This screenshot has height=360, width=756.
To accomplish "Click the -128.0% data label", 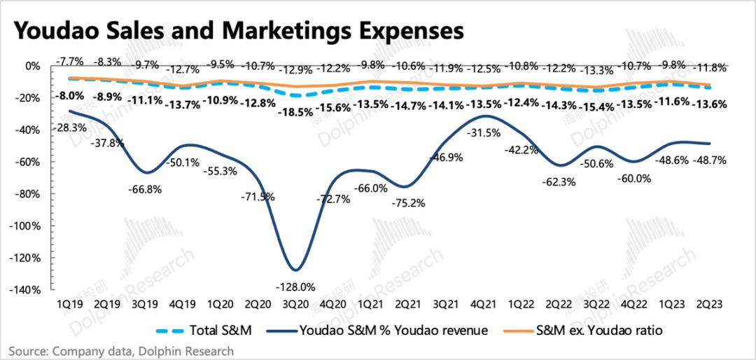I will [295, 286].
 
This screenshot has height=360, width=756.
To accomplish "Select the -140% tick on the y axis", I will [26, 290].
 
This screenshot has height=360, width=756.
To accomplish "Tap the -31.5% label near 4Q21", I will [488, 134].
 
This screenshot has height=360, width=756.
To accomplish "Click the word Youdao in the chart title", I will [53, 31].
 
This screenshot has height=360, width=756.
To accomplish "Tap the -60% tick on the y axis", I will [29, 162].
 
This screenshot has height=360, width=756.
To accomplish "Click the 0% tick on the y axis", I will [33, 66].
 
